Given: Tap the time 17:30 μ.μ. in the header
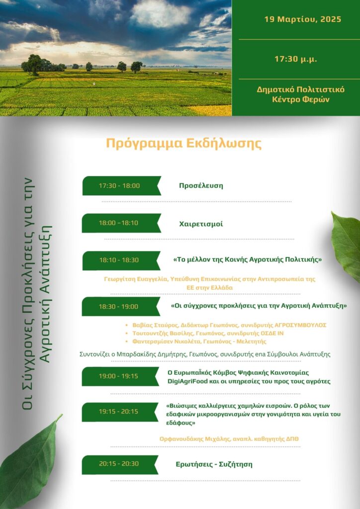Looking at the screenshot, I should pos(296,59).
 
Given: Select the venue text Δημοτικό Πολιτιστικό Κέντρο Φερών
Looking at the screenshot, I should pos(295,94).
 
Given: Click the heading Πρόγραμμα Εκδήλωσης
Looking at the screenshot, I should pos(183,144).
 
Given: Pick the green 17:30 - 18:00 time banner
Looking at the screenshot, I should pos(120,186).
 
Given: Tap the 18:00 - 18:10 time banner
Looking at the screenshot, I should pos(119,223).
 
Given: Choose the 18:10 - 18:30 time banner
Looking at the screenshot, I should pos(119,260).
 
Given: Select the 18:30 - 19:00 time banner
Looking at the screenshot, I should pos(119,306).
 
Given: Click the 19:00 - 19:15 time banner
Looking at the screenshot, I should pos(119,376).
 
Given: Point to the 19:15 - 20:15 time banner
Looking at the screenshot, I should pos(119,412).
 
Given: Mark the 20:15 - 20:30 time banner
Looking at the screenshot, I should pos(119,464).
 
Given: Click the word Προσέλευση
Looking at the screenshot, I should pos(201,186).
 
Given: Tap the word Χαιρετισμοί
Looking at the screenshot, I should pos(201,224).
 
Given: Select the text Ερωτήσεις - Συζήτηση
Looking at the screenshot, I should pos(214,464).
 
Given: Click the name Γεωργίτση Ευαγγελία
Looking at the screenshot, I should pos(130,279).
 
